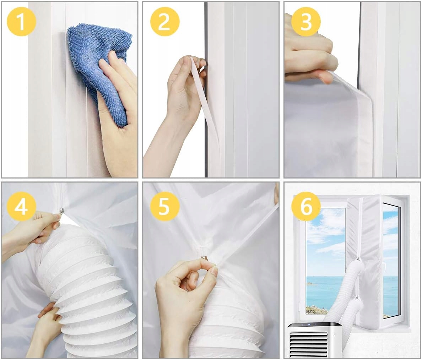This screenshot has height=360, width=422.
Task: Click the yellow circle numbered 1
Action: pyautogui.click(x=21, y=21)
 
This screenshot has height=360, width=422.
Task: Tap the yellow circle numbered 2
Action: pyautogui.click(x=165, y=21)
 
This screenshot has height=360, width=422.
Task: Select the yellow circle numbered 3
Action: pyautogui.click(x=306, y=21)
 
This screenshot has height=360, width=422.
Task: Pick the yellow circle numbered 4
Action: pyautogui.click(x=21, y=206)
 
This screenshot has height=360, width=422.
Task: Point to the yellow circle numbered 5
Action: pyautogui.click(x=165, y=206)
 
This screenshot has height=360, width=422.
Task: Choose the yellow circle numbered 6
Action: pyautogui.click(x=306, y=206)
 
